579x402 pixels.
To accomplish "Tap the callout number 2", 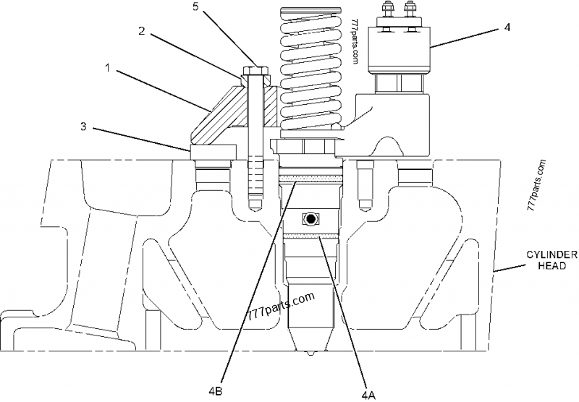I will [x=143, y=32].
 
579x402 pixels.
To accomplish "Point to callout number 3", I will [x=84, y=127].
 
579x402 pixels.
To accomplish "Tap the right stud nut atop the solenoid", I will [x=411, y=11].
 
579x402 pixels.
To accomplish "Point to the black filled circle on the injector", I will [x=310, y=218].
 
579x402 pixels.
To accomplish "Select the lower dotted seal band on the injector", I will [x=310, y=235].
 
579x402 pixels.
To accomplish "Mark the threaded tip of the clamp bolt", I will [x=253, y=199].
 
